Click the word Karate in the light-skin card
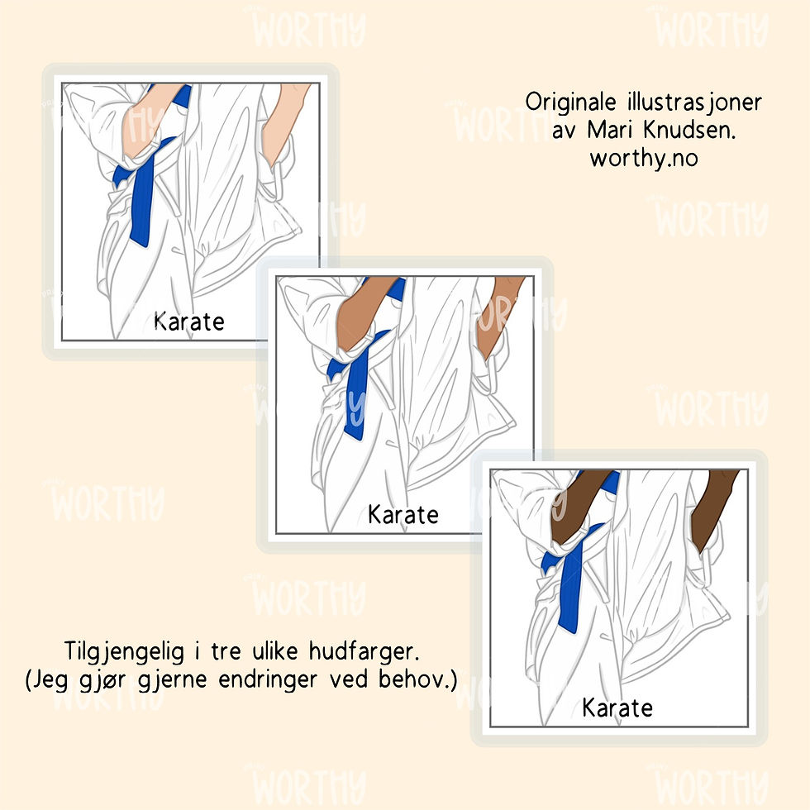[x=189, y=322]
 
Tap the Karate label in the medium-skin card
[x=403, y=514]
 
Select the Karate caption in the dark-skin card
[x=617, y=708]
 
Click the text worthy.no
[x=644, y=158]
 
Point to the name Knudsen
[x=689, y=130]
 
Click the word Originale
[x=570, y=102]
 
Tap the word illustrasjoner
[x=694, y=102]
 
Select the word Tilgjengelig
[x=124, y=651]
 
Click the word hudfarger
[x=364, y=651]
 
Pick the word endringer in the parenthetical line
[x=268, y=679]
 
